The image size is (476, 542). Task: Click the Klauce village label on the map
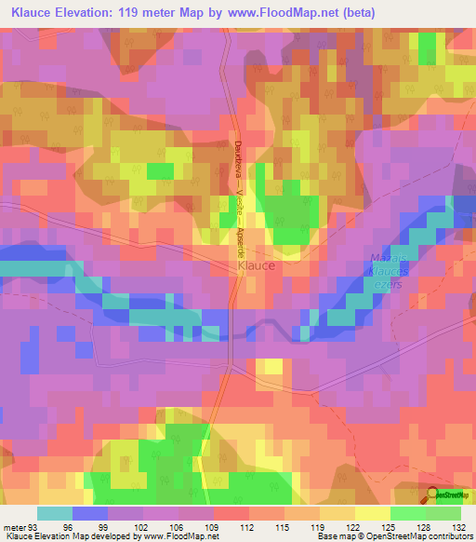(x=256, y=265)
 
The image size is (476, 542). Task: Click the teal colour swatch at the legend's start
(x=55, y=513)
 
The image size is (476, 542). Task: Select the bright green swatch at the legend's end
(x=443, y=513)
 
